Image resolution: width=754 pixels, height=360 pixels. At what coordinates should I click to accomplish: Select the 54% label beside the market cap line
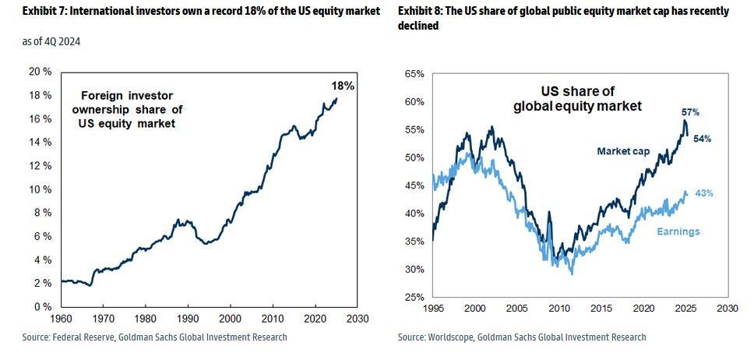point(702,139)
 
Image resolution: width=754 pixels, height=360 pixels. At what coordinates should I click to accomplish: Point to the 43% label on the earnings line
point(703,193)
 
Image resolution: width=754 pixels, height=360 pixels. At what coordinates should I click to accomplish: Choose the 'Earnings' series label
point(678,231)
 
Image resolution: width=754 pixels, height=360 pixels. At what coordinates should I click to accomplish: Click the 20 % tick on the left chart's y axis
point(41,72)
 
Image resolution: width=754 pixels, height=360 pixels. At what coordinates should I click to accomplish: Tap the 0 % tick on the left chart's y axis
point(43,306)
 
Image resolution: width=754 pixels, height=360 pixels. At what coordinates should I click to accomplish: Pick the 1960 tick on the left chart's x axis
point(61,319)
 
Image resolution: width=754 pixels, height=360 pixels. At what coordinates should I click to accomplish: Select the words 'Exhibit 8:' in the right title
point(421,11)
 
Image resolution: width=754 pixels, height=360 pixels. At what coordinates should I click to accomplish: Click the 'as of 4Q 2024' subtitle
point(51,41)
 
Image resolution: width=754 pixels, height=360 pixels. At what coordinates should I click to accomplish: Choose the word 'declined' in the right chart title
point(418,26)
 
